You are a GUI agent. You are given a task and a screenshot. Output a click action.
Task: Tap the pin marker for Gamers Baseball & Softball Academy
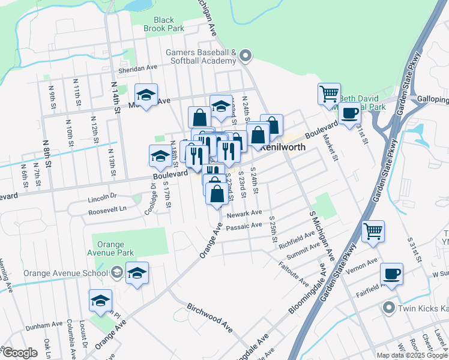245,57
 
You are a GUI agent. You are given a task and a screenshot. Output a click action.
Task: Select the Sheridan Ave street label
137,70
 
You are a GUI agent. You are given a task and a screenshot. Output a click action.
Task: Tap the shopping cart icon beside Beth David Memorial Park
329,94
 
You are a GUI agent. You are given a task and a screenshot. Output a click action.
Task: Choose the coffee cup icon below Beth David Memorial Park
349,113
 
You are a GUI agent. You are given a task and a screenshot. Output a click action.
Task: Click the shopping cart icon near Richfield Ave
373,231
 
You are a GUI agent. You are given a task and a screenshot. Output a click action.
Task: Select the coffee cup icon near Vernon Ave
391,274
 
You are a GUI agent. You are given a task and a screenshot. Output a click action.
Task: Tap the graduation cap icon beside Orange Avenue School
137,274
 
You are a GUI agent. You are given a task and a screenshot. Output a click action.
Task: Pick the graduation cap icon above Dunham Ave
100,301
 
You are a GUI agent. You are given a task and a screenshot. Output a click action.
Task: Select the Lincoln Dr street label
101,196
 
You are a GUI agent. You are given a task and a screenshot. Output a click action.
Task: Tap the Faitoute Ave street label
294,273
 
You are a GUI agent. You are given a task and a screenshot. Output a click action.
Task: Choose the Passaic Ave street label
244,226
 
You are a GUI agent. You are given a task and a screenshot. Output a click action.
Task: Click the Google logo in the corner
20,353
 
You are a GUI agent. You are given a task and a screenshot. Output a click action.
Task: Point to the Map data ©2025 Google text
411,355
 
